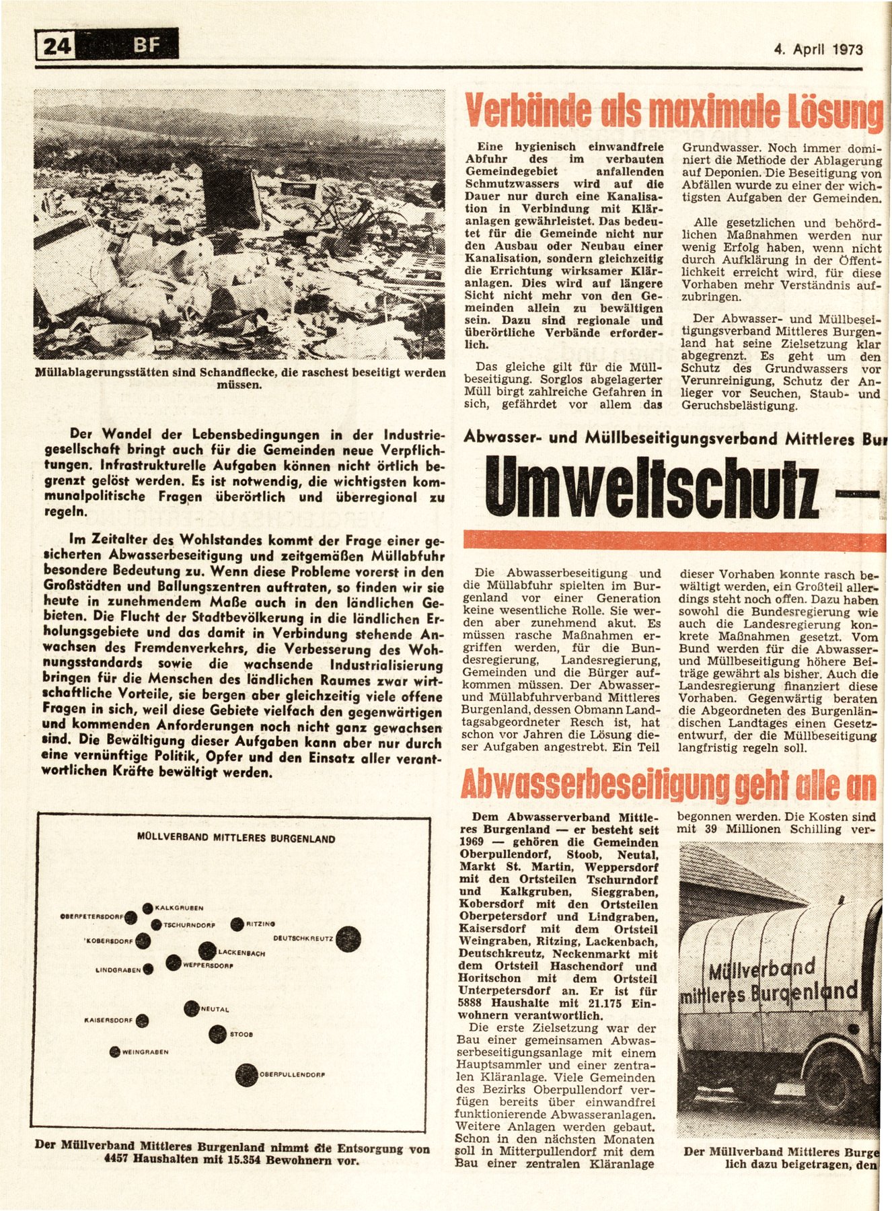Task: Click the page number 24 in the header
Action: [58, 47]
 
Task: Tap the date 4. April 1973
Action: [818, 49]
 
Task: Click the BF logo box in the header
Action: [147, 46]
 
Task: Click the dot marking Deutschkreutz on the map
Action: [348, 939]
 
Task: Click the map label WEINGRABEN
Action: [145, 1052]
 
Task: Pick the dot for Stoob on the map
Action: [217, 1034]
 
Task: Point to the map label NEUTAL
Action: [215, 1009]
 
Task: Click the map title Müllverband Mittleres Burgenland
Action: [235, 839]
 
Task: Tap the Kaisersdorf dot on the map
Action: [142, 1021]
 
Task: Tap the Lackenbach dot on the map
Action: [207, 951]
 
